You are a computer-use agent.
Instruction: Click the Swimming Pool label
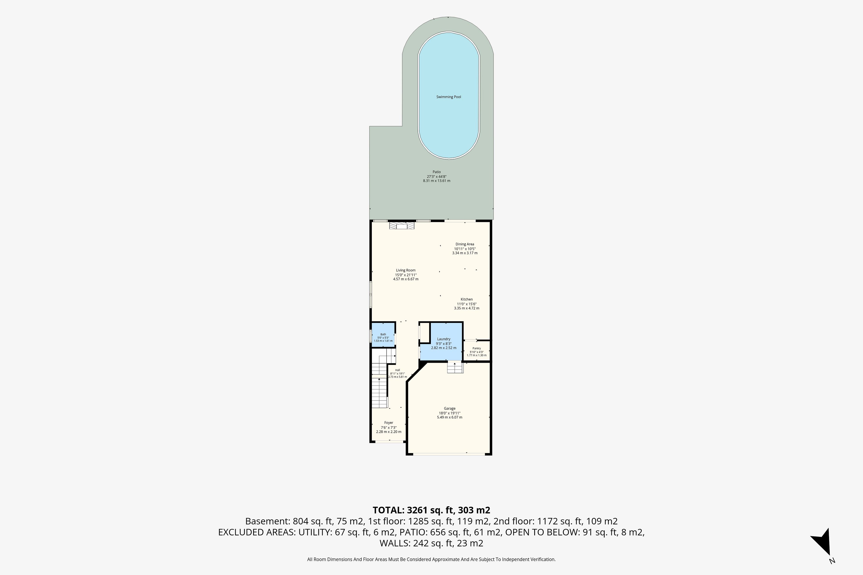click(x=448, y=97)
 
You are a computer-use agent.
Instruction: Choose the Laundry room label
click(x=444, y=339)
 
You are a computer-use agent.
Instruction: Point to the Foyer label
click(x=389, y=423)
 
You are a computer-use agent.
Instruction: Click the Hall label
click(x=397, y=370)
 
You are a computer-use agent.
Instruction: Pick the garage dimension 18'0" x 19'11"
click(x=449, y=413)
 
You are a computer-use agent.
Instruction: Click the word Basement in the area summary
click(x=267, y=521)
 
